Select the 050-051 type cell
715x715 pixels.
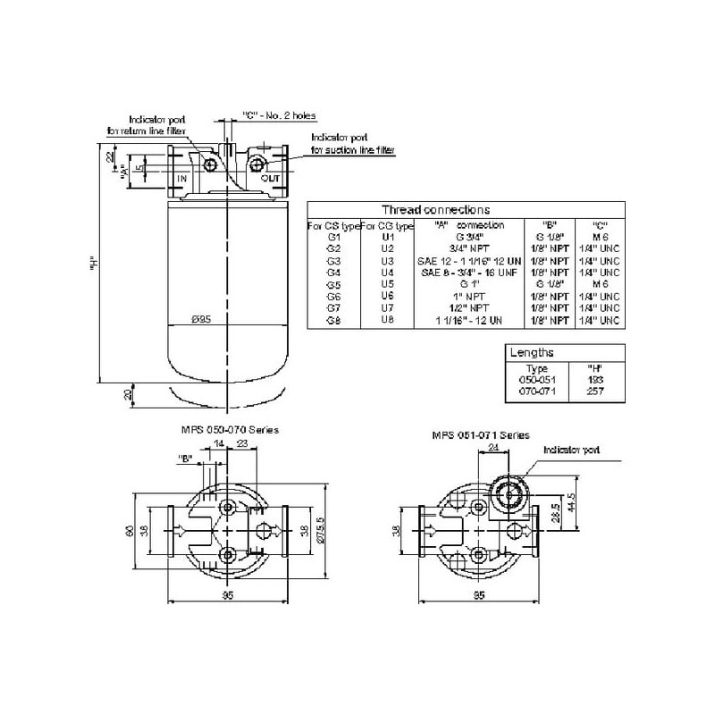537,380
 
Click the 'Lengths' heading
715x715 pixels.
532,353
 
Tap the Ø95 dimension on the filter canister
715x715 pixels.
201,319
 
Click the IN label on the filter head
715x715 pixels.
181,180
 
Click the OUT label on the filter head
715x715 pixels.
270,180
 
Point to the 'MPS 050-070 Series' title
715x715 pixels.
229,430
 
